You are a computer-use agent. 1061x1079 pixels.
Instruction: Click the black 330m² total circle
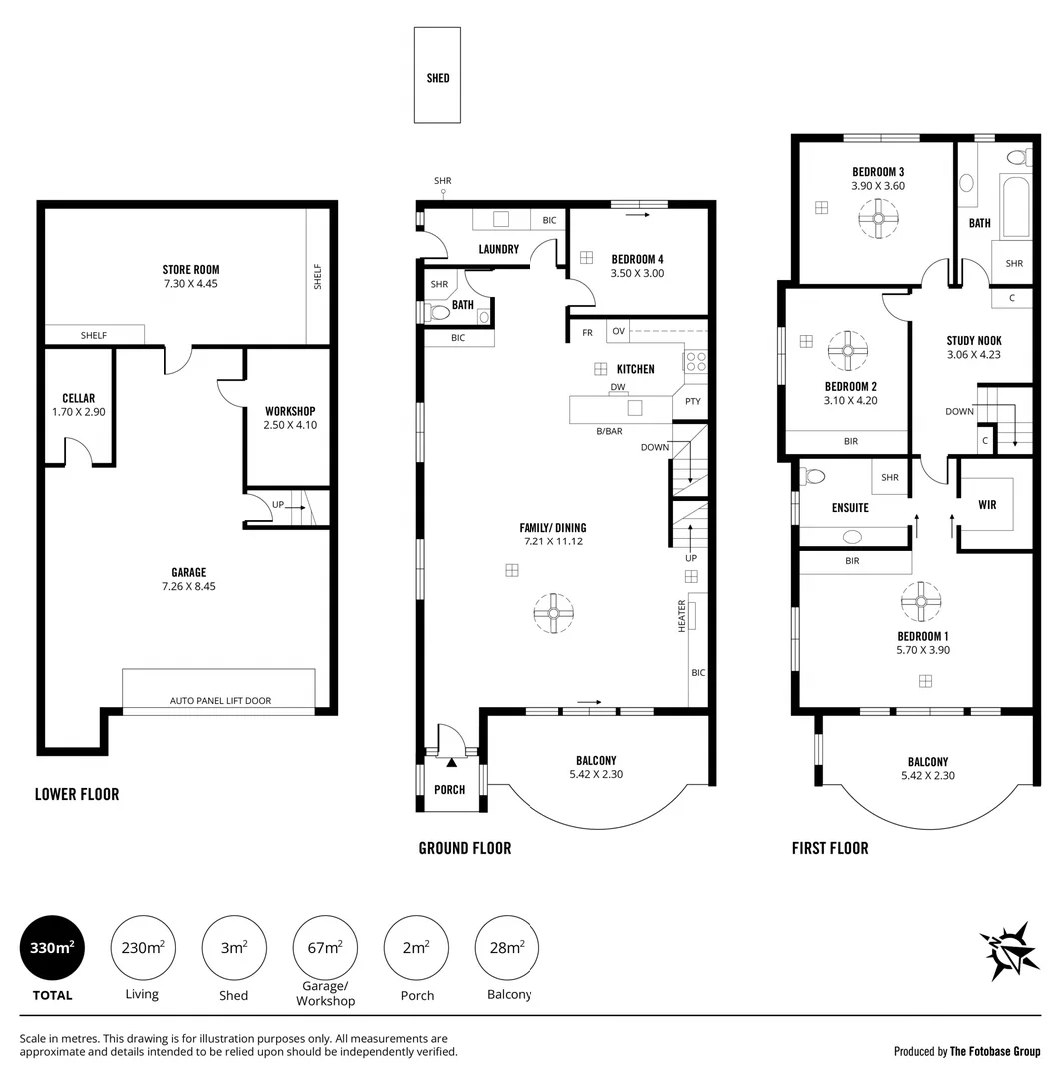pos(52,948)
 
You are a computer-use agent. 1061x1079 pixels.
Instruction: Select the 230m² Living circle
pos(142,948)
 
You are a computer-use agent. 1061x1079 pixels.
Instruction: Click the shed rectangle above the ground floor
pos(438,75)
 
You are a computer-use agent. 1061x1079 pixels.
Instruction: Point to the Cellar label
pos(78,398)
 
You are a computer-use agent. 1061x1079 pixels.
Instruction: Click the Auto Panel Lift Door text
pos(220,701)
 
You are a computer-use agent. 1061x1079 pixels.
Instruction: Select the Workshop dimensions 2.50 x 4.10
pos(290,425)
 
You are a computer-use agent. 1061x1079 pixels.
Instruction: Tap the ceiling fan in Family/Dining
pos(552,612)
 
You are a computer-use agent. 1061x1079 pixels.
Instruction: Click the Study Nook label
pos(974,341)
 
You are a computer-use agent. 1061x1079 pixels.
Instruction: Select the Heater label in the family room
pos(683,615)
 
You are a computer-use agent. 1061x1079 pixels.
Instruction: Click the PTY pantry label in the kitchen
pos(692,402)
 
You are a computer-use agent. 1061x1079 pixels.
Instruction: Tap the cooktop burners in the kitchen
pos(695,362)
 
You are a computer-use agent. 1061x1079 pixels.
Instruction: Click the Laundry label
pos(498,249)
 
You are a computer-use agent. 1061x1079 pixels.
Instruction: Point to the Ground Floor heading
pos(464,848)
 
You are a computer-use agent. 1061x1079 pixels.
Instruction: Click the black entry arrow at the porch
pos(451,762)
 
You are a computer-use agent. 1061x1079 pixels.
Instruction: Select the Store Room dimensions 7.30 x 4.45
pos(191,284)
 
